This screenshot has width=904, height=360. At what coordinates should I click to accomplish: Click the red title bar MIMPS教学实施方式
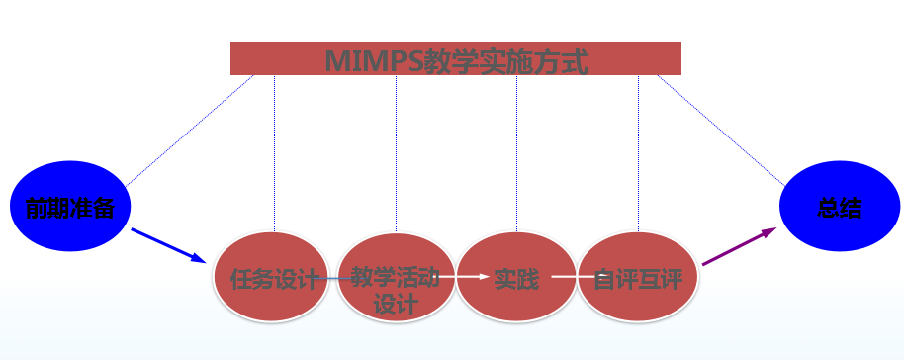(x=455, y=58)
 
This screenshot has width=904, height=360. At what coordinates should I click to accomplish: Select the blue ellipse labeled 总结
(x=840, y=209)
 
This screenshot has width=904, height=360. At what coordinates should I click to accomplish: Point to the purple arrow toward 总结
(x=739, y=246)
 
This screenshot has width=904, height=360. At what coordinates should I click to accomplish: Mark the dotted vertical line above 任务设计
(x=275, y=148)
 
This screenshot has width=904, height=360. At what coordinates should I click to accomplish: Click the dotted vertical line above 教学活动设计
(x=396, y=148)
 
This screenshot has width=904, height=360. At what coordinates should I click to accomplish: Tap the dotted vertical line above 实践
(x=516, y=148)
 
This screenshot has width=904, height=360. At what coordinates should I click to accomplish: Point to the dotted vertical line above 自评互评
(x=638, y=148)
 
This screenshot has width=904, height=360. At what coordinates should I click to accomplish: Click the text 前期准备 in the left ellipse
(x=70, y=209)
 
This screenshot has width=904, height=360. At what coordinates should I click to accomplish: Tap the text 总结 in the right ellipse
(x=840, y=209)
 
